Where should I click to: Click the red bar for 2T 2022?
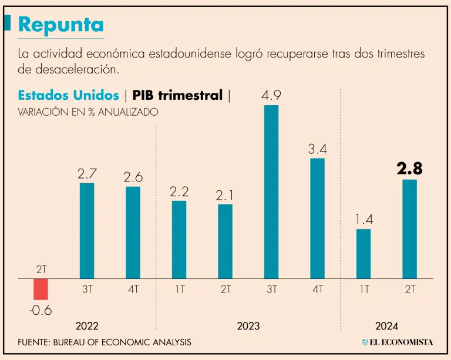pyautogui.click(x=41, y=289)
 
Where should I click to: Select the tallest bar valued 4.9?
pyautogui.click(x=271, y=191)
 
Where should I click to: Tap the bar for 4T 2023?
pyautogui.click(x=317, y=218)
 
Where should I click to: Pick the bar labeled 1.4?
pyautogui.click(x=364, y=253)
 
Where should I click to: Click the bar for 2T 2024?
pyautogui.click(x=409, y=228)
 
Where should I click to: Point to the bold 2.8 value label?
pyautogui.click(x=409, y=169)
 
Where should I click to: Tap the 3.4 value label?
pyautogui.click(x=317, y=149)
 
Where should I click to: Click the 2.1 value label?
pyautogui.click(x=225, y=195)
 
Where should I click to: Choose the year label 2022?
pyautogui.click(x=86, y=325)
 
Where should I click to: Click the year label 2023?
pyautogui.click(x=248, y=325)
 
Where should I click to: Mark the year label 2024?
pyautogui.click(x=386, y=325)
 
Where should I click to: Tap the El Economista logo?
pyautogui.click(x=398, y=342)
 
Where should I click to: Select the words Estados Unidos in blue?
pyautogui.click(x=69, y=95)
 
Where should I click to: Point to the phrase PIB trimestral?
pyautogui.click(x=177, y=95)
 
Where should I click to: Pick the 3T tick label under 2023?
pyautogui.click(x=271, y=290)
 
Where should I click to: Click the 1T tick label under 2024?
pyautogui.click(x=364, y=290)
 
